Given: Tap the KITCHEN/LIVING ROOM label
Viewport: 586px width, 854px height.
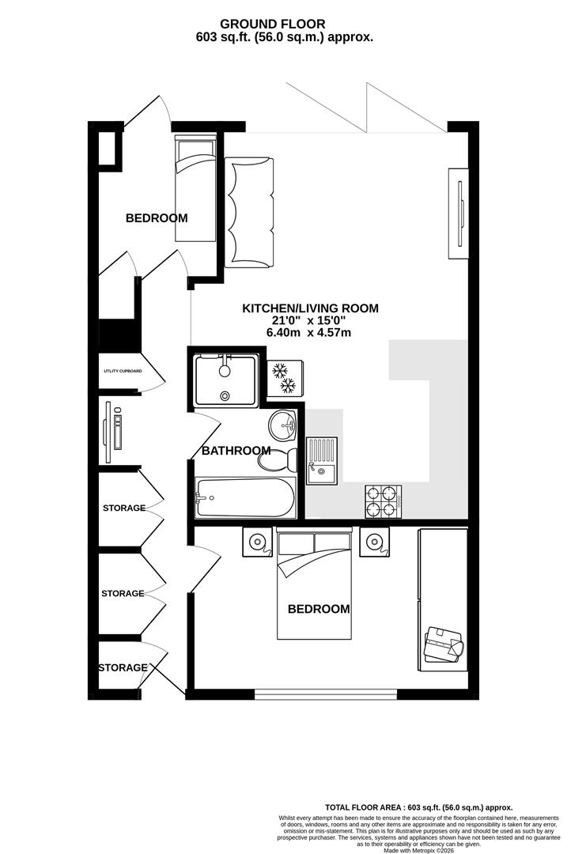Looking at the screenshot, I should (x=310, y=308).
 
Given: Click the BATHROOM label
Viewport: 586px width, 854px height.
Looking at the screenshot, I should (x=236, y=451).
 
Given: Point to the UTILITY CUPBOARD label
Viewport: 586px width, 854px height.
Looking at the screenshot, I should (x=122, y=371).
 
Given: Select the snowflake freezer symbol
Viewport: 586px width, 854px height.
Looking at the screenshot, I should (x=282, y=377).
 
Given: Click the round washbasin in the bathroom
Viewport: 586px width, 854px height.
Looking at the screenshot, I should (x=281, y=427).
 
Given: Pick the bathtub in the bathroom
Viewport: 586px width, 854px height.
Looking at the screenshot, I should (x=245, y=498).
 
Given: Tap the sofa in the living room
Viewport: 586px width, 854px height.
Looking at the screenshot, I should (x=249, y=211).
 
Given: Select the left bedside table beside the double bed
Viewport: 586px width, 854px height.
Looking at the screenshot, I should (x=258, y=542).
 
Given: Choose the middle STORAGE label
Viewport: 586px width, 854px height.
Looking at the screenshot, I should (x=123, y=593).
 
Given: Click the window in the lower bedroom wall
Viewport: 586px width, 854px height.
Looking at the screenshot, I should (x=326, y=694).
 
